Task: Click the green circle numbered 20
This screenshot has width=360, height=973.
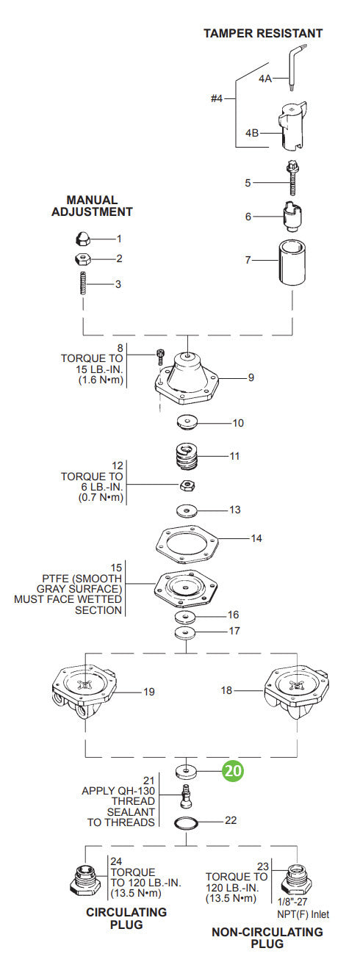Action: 234,771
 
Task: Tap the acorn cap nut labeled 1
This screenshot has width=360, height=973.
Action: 83,239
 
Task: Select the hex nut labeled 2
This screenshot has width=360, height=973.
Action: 83,258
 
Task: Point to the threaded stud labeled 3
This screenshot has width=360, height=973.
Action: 83,283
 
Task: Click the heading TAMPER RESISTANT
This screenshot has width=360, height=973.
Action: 263,33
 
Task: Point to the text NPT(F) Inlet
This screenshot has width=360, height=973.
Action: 303,914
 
